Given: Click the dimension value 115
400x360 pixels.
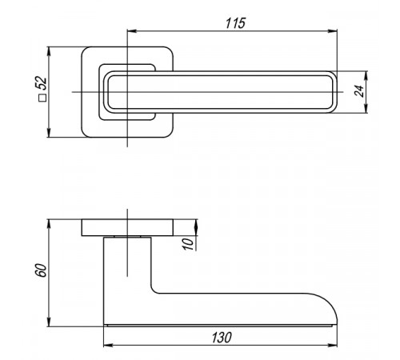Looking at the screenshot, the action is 235,23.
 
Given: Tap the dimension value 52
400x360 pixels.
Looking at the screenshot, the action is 42,83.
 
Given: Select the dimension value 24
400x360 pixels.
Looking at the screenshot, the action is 359,91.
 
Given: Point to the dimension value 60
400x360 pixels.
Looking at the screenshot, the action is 42,270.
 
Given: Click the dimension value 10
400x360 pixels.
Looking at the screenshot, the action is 188,244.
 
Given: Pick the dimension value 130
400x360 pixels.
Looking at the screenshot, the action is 222,338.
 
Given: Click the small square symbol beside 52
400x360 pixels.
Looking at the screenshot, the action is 42,98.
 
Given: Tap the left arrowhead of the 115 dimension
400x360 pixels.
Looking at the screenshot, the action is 132,31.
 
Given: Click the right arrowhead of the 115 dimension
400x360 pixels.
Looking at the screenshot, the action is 333,31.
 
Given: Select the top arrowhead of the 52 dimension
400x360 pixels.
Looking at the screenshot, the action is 49,51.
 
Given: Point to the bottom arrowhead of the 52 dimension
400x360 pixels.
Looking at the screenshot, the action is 49,133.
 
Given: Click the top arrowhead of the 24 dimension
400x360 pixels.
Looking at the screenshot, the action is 366,76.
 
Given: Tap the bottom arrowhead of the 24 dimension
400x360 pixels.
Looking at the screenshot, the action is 366,108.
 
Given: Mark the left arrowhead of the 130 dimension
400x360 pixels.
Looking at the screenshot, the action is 108,346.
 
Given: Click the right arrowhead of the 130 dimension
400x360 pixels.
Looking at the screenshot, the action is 333,346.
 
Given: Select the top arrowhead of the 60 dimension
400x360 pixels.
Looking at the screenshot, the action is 49,224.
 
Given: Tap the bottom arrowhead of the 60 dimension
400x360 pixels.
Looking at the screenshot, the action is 49,322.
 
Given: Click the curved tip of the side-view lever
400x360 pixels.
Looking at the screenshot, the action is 331,305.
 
